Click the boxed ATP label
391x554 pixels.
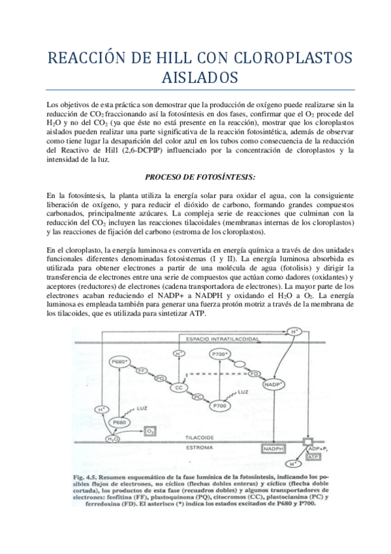coord(313,458)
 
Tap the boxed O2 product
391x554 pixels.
coord(149,432)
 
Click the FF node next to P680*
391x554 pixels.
coord(140,370)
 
